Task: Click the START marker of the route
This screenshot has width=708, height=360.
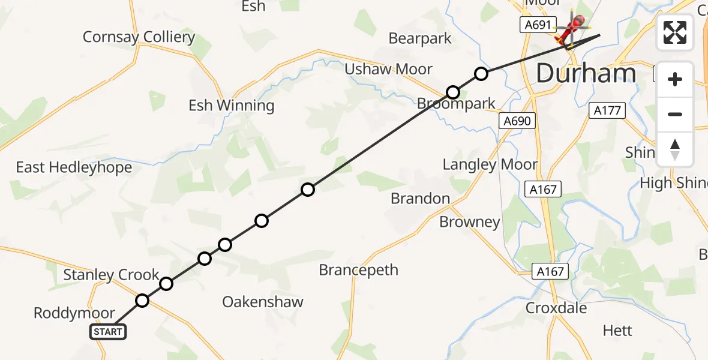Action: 108,332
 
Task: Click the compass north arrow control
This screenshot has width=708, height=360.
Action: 675,149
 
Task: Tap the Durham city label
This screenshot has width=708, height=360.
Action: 586,74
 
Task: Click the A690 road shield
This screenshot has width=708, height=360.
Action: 517,121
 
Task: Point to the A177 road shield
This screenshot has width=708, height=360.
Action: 608,110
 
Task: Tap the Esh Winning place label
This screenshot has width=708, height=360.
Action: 231,106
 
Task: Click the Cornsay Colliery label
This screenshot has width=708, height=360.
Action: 139,37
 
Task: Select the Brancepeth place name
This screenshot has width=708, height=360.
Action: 358,270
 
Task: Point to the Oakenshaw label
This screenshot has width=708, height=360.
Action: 263,302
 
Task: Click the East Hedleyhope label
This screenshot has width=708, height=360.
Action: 74,167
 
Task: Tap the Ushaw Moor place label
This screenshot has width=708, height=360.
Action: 388,70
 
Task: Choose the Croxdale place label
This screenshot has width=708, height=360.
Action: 556,308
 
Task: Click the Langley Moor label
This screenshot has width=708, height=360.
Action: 490,164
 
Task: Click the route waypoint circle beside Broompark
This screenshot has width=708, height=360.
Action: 453,92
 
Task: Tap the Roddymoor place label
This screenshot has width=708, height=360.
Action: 74,313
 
